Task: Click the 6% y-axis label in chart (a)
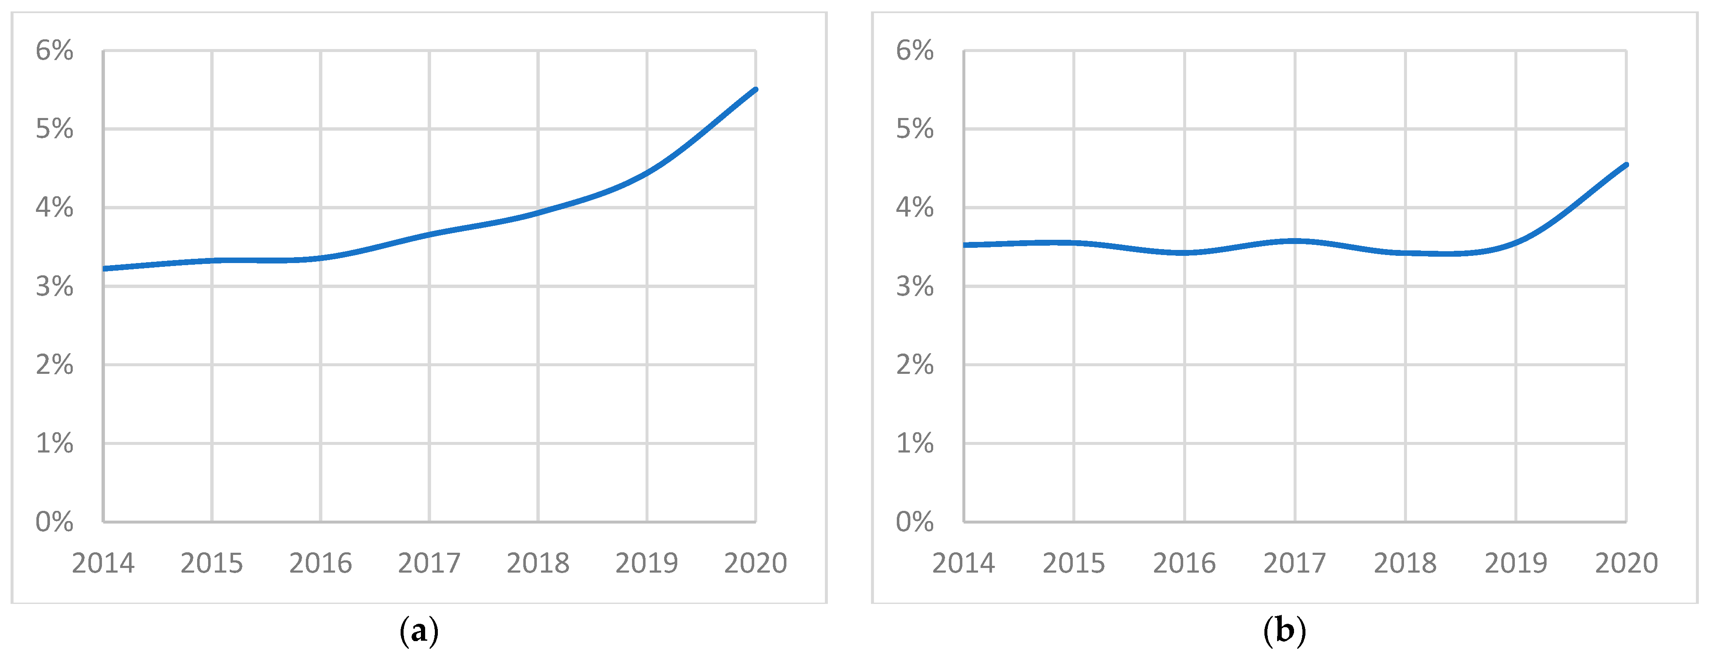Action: pos(55,50)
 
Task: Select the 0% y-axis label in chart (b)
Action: pos(915,522)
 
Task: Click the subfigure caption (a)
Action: pos(419,631)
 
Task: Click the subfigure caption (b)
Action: pos(1284,631)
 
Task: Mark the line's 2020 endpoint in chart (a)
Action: pos(756,89)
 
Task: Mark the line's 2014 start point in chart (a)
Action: pos(104,269)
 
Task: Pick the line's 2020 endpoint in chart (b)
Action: pos(1626,165)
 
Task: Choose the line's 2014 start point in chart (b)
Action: pos(964,244)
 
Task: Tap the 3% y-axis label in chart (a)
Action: pos(55,286)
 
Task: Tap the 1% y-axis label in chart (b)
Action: pos(915,444)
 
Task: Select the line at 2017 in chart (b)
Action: pos(1295,241)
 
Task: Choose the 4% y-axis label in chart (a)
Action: pos(55,208)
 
